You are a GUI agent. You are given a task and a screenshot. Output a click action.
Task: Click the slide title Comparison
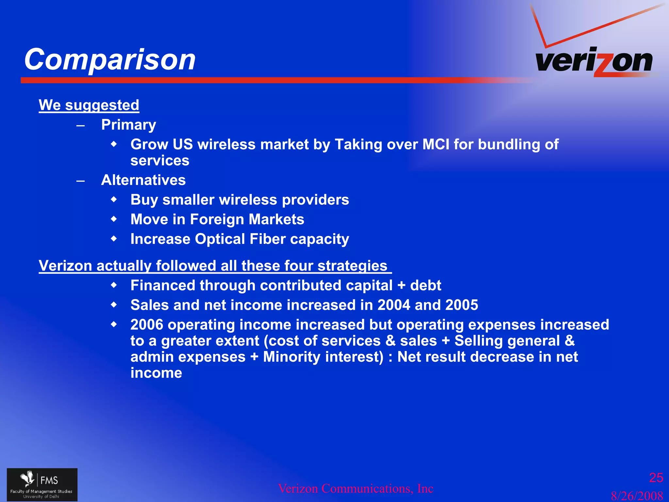coord(110,59)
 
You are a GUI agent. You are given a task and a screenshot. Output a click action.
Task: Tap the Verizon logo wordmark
coord(594,61)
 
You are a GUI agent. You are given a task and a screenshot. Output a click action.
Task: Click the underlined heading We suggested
coord(89,105)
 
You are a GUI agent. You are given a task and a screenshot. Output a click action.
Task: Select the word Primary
coord(129,125)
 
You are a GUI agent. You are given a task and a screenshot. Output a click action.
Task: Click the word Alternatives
coord(143,180)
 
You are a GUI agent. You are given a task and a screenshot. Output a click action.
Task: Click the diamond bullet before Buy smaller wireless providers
coord(114,199)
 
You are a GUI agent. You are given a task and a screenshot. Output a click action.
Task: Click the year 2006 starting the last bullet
coord(147,325)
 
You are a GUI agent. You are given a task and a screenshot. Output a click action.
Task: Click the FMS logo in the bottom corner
coord(42,484)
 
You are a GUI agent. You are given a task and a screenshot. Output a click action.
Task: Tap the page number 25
coord(656,478)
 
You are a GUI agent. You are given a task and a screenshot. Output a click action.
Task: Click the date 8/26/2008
coord(637,496)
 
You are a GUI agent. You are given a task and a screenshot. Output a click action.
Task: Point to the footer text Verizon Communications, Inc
coord(355,489)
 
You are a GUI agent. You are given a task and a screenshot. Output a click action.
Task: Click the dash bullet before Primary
coord(81,125)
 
